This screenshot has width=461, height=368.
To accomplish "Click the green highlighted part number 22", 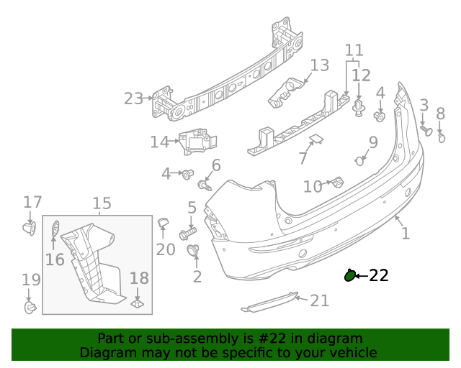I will (350, 275).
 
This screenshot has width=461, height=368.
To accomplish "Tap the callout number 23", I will (133, 98).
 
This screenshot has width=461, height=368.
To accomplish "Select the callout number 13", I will (319, 66).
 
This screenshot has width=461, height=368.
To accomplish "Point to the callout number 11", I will (354, 50).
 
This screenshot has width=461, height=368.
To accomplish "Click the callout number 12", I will (361, 75).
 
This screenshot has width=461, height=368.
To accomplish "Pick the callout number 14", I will (159, 142).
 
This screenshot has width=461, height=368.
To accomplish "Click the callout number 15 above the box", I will (102, 203).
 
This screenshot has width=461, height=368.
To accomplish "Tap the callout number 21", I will (319, 300).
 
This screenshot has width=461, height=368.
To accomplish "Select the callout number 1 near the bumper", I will (405, 233).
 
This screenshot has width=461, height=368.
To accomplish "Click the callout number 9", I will (373, 142).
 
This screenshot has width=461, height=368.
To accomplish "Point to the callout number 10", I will (312, 187).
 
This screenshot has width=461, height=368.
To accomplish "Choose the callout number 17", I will (32, 202).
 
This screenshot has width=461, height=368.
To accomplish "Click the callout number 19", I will (30, 279).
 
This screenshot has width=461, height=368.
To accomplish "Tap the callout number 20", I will (166, 249).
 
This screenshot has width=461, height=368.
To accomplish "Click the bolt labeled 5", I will (188, 234).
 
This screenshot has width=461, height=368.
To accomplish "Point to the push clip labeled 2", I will (194, 251).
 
